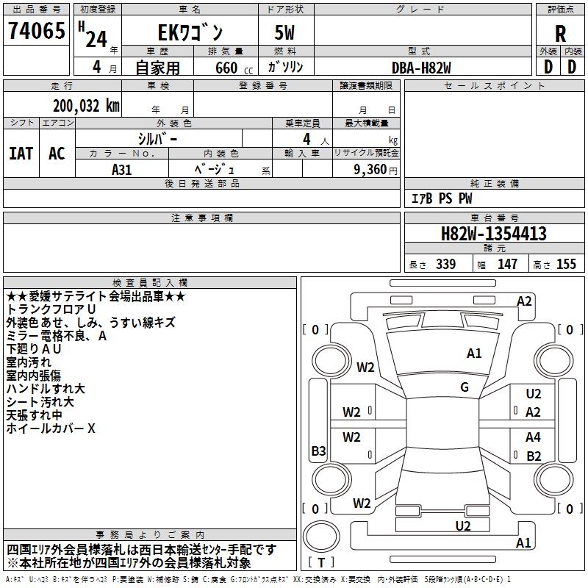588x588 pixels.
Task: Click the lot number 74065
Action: [x=37, y=31]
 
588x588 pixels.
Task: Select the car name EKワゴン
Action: [x=190, y=33]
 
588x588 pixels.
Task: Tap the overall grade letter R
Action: [x=560, y=34]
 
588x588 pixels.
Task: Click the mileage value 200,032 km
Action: [x=86, y=106]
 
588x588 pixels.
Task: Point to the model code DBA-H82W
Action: [x=421, y=68]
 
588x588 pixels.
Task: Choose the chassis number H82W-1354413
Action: [x=494, y=234]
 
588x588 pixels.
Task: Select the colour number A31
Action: [x=121, y=170]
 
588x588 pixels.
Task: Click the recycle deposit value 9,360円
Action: [x=376, y=170]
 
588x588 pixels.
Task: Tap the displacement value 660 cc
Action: [x=234, y=68]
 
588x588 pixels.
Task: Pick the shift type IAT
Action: [x=21, y=154]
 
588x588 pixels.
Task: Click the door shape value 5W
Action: [x=284, y=32]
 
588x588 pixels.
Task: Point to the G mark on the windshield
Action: [x=465, y=387]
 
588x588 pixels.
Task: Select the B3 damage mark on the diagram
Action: [x=318, y=451]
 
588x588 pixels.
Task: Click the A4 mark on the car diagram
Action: [x=533, y=437]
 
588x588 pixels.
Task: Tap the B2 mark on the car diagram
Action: [x=534, y=456]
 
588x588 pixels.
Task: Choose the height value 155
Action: [x=566, y=264]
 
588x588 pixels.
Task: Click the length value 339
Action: [x=445, y=264]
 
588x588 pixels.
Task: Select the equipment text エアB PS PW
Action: [x=442, y=198]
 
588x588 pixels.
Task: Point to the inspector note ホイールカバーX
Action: [x=51, y=429]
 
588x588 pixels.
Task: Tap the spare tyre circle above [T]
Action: [x=321, y=537]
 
